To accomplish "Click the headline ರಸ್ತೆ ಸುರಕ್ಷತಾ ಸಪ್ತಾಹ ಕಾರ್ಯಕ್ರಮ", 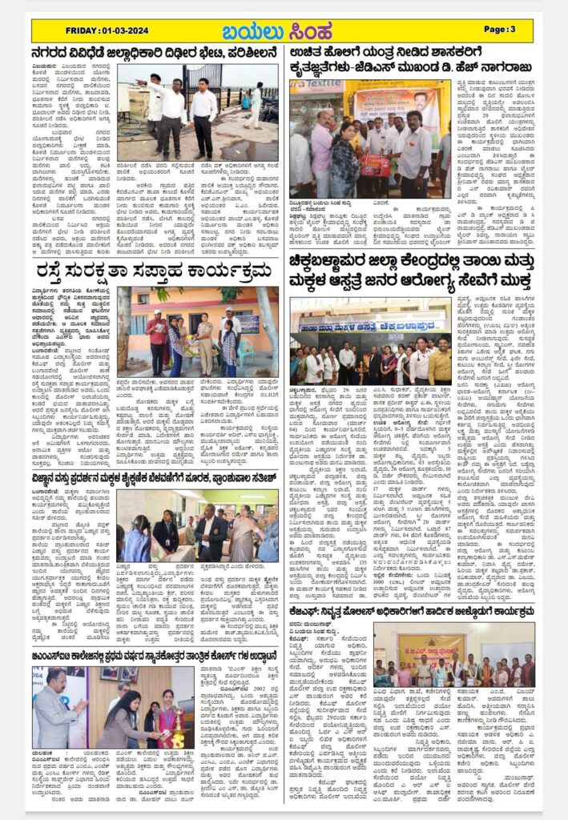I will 153,271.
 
